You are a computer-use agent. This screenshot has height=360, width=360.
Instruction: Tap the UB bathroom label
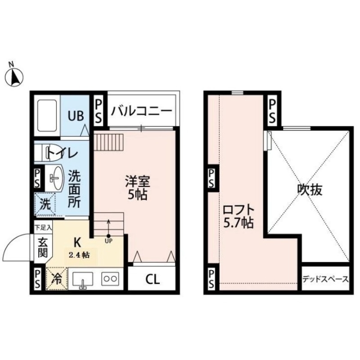pyautogui.click(x=76, y=116)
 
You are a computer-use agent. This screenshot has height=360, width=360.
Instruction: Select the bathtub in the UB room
pyautogui.click(x=46, y=116)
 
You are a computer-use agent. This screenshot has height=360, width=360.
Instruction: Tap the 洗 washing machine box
pyautogui.click(x=45, y=203)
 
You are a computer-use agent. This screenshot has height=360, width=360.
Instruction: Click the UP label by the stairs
pyautogui.click(x=108, y=241)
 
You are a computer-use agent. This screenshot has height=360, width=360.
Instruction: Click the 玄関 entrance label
pyautogui.click(x=42, y=247)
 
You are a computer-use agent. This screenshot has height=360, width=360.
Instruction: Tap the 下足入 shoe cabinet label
pyautogui.click(x=44, y=229)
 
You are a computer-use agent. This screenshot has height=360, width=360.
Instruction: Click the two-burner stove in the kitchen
pyautogui.click(x=109, y=278)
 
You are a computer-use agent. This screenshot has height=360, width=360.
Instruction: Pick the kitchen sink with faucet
pyautogui.click(x=82, y=279)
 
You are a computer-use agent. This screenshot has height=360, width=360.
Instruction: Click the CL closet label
pyautogui.click(x=152, y=279)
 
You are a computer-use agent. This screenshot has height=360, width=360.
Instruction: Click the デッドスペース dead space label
pyautogui.click(x=325, y=279)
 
